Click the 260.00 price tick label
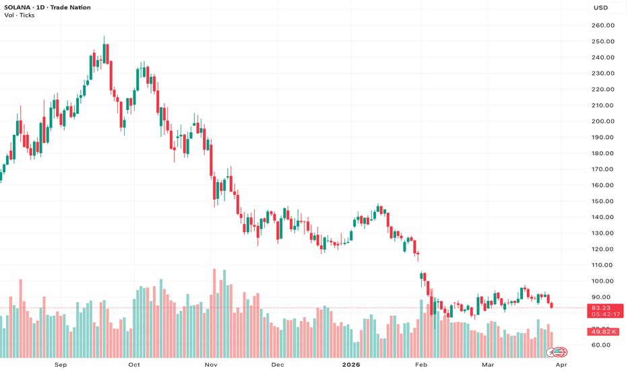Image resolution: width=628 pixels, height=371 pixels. pos(603,26)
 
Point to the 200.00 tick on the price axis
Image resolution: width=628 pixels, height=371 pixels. pos(603,121)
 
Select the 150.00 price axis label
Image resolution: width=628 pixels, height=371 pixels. pos(603,201)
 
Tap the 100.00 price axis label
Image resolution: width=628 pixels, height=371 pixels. pos(603,281)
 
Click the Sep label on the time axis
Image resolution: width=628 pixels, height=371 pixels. pos(61,365)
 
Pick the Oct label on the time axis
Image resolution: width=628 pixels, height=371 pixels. pos(133,365)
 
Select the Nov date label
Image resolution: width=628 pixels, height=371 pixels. pos(211,365)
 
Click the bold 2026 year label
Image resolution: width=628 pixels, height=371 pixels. pos(350,365)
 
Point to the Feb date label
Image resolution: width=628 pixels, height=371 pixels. pos(421,365)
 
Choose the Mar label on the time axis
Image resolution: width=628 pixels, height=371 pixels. pos(487,365)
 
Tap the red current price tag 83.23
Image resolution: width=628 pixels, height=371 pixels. pos(603,308)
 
